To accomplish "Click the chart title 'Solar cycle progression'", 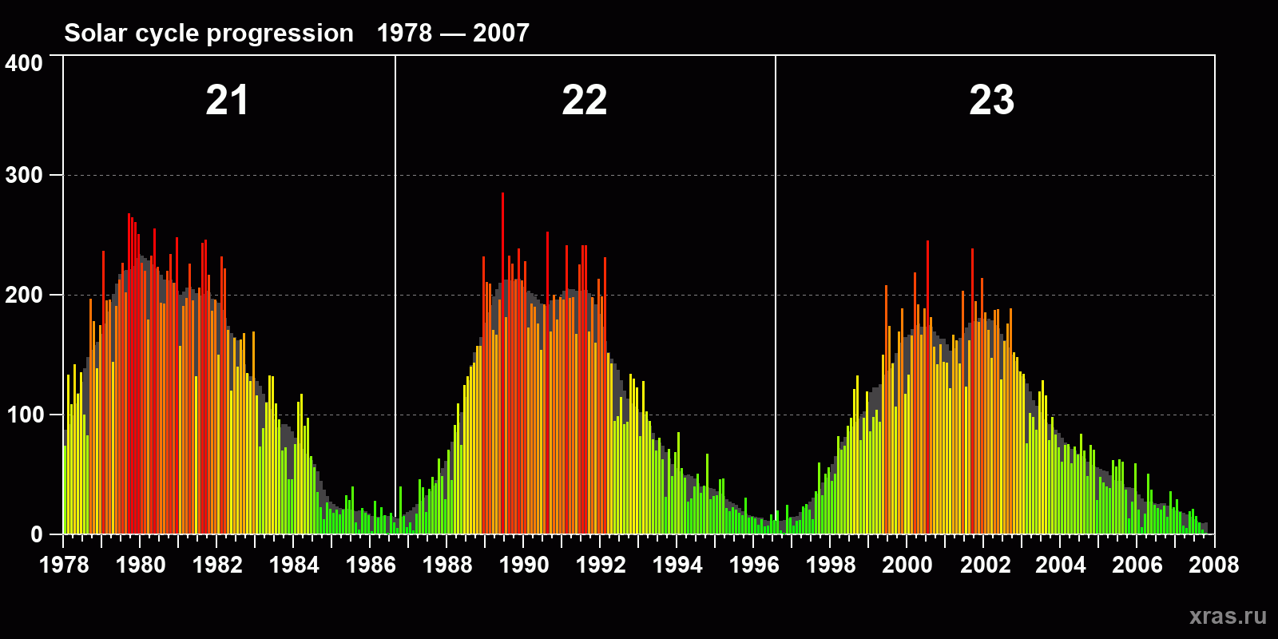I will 208,33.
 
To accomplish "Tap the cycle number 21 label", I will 227,101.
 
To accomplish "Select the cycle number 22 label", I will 584,101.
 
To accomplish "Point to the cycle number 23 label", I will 991,101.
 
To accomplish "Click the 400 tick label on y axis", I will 24,63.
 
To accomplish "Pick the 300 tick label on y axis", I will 24,176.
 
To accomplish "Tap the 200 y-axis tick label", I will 24,295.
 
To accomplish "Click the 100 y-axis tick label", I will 24,415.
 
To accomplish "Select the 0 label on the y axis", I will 37,534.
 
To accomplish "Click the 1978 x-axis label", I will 64,565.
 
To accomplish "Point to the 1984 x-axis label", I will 294,565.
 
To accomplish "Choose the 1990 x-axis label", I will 524,565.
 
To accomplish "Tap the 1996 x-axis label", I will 754,565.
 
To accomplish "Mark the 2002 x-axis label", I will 985,565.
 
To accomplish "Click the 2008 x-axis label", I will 1213,565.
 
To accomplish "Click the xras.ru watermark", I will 1228,616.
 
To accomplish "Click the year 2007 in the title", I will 501,33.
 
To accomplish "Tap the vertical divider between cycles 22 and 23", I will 776,240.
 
